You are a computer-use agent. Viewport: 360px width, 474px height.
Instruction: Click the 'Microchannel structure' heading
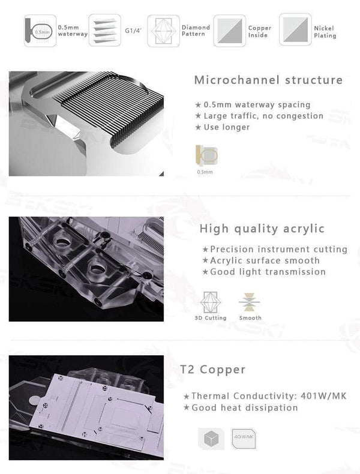coord(268,80)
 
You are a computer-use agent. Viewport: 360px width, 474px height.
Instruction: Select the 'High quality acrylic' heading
coord(262,229)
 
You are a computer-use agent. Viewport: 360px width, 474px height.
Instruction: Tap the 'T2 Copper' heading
coord(212,370)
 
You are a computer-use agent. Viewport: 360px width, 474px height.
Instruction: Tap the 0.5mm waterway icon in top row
coord(40,30)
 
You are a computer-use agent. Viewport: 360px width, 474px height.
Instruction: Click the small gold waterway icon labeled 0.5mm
coord(206,155)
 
